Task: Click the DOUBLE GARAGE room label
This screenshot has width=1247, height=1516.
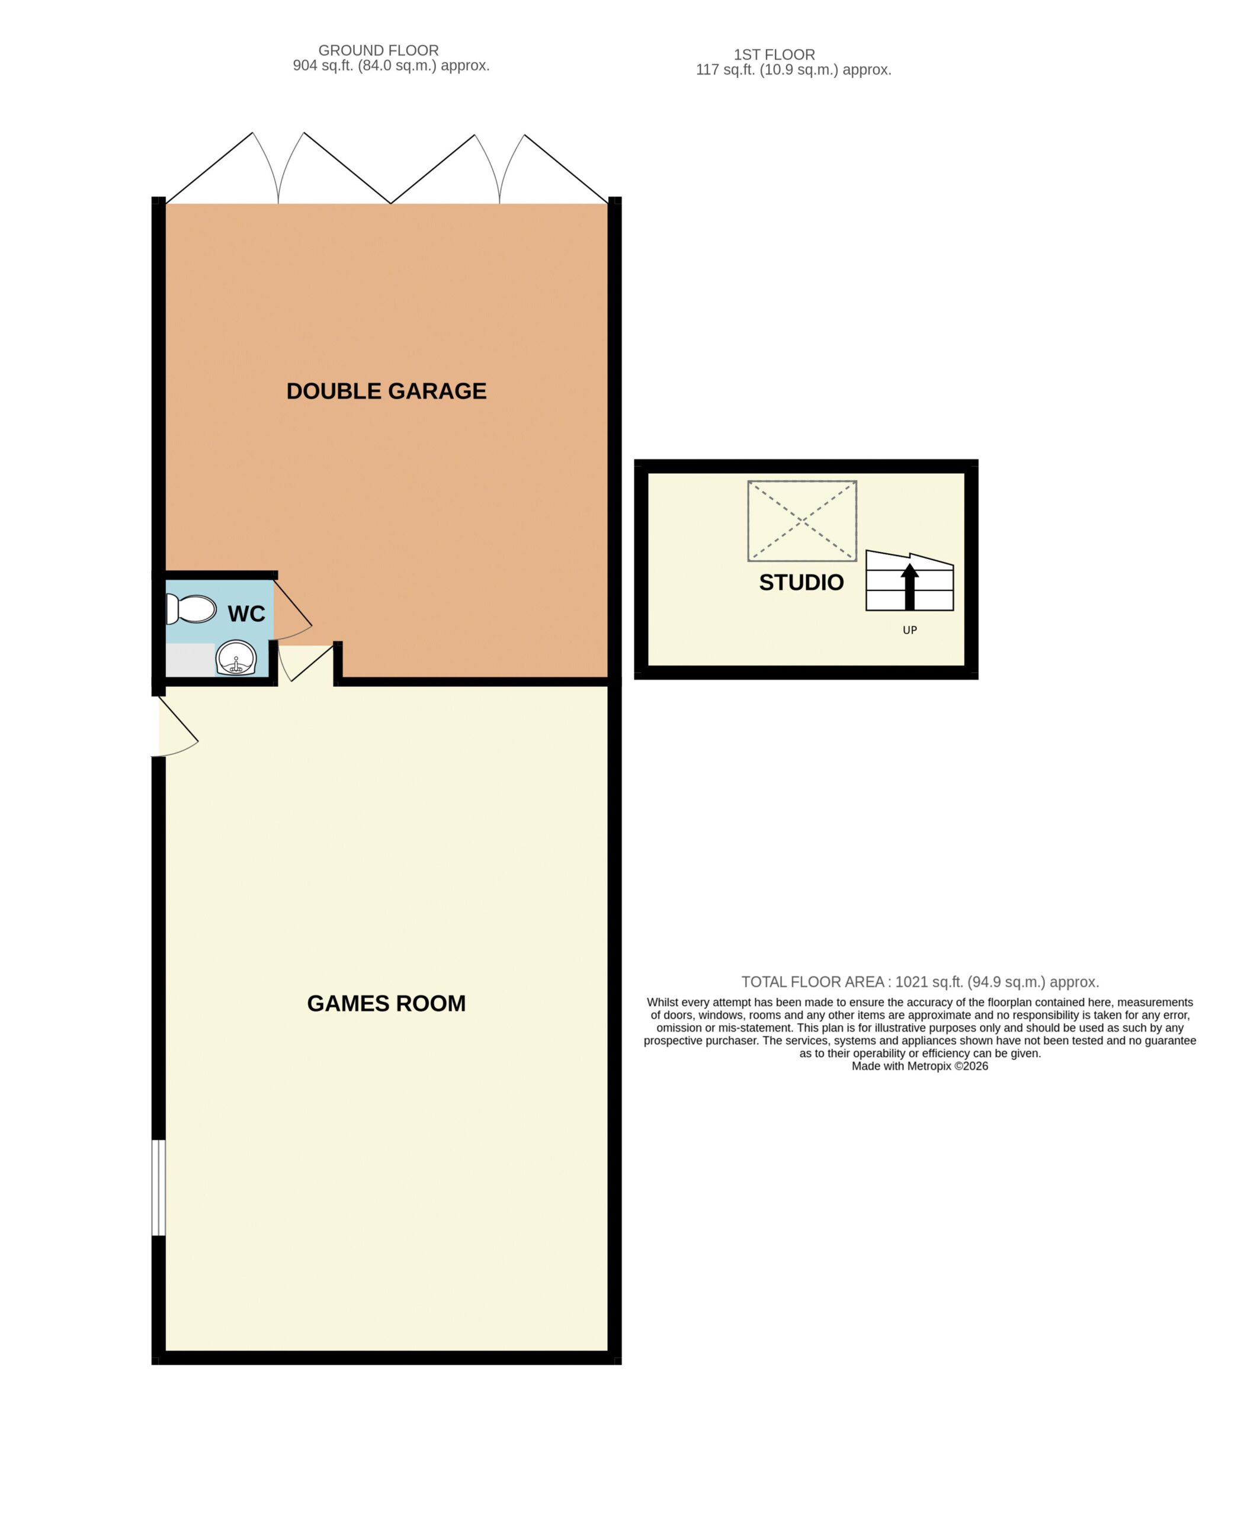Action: [386, 391]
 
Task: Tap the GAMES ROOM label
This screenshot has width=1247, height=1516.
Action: [386, 1003]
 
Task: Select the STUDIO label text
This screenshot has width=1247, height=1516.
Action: [802, 582]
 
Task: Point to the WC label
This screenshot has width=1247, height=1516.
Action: [246, 614]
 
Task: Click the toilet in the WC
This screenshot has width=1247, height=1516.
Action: [191, 609]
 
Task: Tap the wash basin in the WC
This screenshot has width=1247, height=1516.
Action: [236, 657]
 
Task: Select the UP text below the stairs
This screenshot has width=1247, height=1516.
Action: [910, 630]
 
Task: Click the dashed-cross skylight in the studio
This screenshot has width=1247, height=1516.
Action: [802, 521]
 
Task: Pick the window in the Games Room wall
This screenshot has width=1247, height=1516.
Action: [159, 1188]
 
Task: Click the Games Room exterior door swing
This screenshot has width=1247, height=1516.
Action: [178, 726]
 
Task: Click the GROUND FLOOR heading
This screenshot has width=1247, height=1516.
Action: [379, 50]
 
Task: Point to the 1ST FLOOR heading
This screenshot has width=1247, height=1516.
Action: [774, 54]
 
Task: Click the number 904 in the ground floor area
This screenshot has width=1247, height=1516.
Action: [305, 66]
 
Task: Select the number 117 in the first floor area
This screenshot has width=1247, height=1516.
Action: [707, 70]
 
